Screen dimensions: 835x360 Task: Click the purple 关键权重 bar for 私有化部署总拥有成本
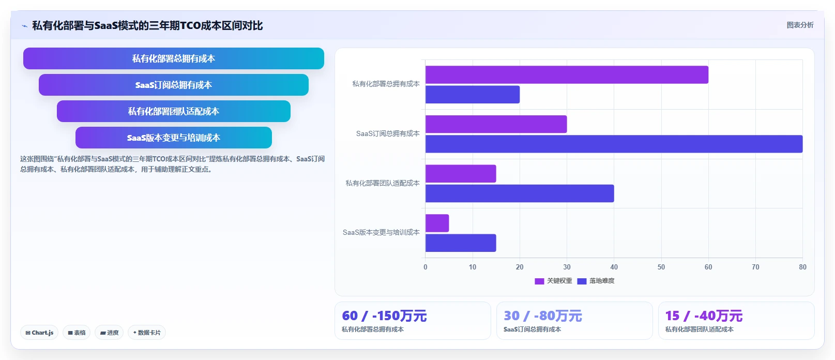(567, 74)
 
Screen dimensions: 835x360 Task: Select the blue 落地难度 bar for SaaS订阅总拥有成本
(614, 144)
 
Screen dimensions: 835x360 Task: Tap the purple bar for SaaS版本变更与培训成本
(437, 223)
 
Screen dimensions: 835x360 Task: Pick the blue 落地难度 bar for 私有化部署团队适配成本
(520, 193)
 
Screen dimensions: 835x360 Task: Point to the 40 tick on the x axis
(614, 267)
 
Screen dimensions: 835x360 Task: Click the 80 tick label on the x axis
(802, 267)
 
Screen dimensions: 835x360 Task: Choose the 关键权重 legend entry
(553, 281)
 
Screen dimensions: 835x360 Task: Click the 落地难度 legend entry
(596, 281)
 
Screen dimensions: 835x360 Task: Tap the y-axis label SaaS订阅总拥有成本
(388, 133)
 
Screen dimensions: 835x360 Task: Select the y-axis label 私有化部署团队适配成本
(383, 183)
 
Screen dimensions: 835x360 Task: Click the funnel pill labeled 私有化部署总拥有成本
(174, 58)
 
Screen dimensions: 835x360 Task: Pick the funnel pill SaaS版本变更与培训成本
(174, 138)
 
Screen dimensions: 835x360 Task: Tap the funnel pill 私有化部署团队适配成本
(174, 111)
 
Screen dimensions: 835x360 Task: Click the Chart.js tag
(39, 333)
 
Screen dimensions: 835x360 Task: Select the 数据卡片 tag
(147, 333)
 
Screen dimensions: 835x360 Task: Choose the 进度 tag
(109, 333)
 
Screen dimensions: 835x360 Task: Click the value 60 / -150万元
(384, 316)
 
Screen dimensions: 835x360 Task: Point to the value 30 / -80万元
(543, 316)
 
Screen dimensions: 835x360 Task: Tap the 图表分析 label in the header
(800, 25)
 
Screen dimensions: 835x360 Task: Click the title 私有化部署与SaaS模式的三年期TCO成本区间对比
(148, 26)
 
